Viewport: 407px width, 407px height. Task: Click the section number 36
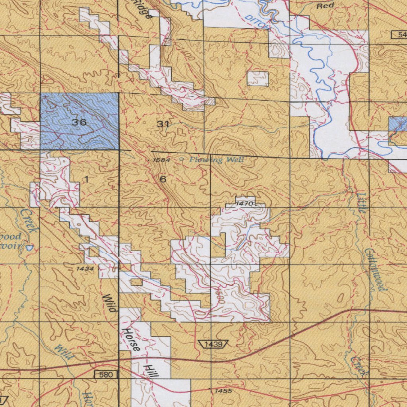[79, 122]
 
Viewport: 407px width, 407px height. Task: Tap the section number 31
[163, 124]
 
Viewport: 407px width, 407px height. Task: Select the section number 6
[163, 179]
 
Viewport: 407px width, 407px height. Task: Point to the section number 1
[86, 180]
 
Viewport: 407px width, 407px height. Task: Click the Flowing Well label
[217, 160]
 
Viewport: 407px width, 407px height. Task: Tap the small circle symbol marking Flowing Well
[182, 159]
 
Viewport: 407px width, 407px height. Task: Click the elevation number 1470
[244, 203]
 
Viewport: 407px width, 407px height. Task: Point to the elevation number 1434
[85, 269]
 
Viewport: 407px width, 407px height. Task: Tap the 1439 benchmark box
[212, 344]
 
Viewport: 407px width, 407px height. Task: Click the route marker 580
[107, 374]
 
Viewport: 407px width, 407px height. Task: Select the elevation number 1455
[223, 391]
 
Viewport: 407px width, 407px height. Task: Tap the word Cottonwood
[375, 270]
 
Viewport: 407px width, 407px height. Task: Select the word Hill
[151, 371]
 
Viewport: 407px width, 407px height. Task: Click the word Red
[325, 6]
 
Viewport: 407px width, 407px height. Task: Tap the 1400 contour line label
[188, 54]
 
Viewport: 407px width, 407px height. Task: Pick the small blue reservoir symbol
[29, 247]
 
